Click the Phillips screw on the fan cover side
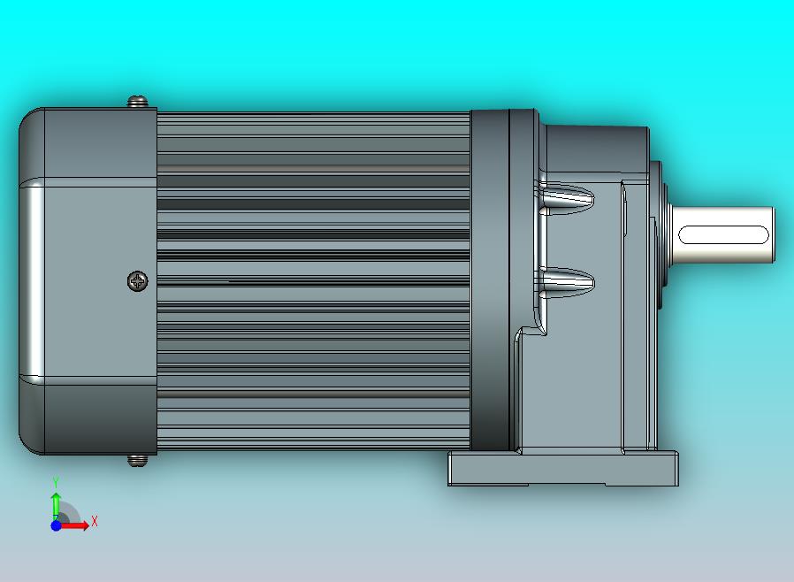(x=138, y=281)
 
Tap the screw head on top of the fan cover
(x=138, y=103)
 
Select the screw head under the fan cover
(x=137, y=460)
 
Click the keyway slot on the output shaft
(x=723, y=235)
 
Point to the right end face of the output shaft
(x=772, y=235)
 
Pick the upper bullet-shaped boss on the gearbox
(x=566, y=197)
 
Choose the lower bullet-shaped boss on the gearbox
(x=566, y=282)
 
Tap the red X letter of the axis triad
(x=95, y=522)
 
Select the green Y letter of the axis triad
(x=56, y=482)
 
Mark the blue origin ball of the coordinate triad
(x=56, y=525)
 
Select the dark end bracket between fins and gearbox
(x=488, y=280)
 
